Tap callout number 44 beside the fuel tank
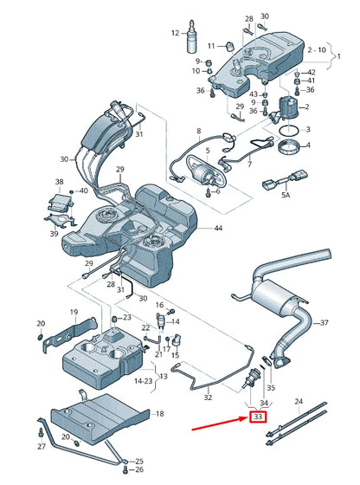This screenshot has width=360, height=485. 218,228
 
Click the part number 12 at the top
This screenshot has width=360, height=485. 174,34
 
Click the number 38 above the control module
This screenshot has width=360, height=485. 60,183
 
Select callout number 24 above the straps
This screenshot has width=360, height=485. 299,401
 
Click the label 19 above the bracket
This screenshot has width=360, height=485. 74,312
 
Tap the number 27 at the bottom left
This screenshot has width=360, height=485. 41,445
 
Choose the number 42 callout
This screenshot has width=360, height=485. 310,72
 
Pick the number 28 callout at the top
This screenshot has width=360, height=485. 249,17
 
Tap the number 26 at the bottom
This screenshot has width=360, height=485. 139,469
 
